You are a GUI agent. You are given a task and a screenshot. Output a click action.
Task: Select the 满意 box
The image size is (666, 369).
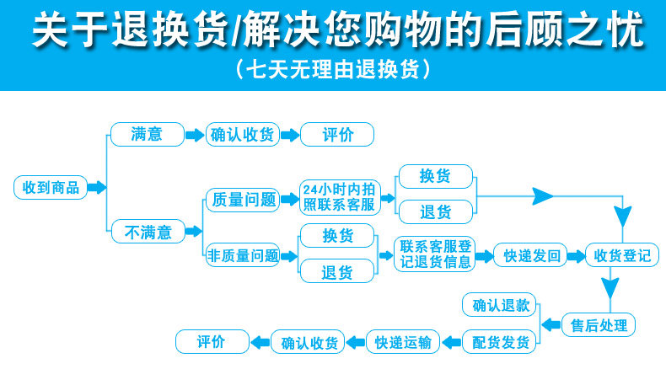tap(147, 134)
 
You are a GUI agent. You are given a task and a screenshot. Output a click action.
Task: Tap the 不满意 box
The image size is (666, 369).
tap(147, 231)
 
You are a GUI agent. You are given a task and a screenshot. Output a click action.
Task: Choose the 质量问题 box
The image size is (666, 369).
tap(242, 200)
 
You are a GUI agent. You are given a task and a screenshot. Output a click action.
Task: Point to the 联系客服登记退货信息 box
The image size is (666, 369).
tap(435, 254)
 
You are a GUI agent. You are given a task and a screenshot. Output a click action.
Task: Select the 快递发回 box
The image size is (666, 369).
tap(530, 255)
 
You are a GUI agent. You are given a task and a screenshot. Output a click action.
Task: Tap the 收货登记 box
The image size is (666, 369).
tap(622, 255)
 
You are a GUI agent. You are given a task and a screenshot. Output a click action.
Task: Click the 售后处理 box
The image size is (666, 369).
tap(599, 324)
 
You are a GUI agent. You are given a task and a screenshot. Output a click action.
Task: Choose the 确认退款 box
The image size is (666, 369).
tap(501, 304)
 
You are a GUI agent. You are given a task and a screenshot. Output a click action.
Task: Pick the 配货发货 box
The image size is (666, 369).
tap(501, 342)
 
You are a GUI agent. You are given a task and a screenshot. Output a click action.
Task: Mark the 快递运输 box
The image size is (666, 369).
tap(403, 342)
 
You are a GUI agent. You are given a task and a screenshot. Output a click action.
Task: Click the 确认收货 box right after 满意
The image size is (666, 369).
tap(242, 134)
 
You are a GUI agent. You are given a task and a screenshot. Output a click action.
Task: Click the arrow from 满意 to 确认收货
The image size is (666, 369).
tap(195, 134)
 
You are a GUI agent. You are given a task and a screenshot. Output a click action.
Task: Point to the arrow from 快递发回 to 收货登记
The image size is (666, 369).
tap(576, 255)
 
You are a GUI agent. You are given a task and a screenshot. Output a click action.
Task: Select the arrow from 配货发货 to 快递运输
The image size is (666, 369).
tap(450, 342)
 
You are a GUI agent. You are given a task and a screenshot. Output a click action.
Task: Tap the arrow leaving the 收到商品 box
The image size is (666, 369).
tap(98, 187)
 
